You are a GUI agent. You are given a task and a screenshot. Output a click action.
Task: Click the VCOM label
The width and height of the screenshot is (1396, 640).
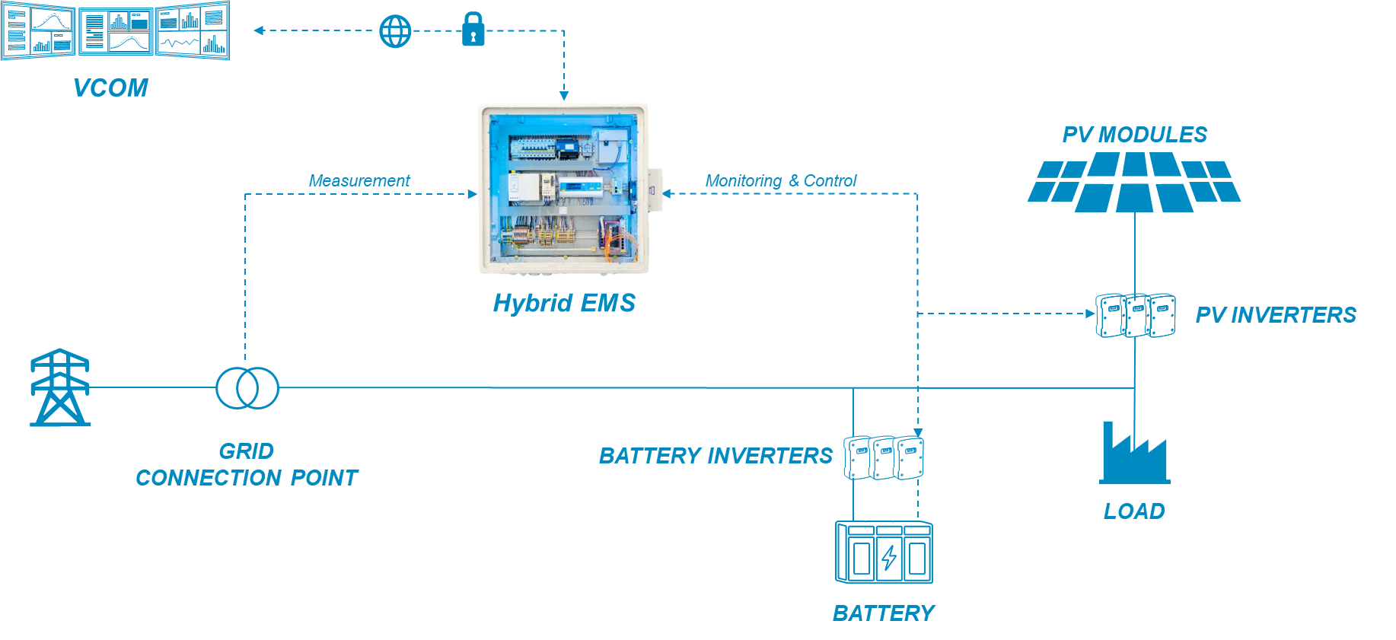pyautogui.click(x=110, y=88)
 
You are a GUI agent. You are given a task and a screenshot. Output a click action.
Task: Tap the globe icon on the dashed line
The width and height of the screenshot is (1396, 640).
pyautogui.click(x=395, y=31)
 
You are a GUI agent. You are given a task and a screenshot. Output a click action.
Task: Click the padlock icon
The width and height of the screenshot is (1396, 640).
pyautogui.click(x=473, y=30)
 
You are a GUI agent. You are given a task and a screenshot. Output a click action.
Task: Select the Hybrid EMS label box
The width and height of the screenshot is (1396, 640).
pyautogui.click(x=563, y=302)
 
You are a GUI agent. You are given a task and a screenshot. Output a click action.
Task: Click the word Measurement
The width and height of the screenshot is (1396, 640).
pyautogui.click(x=359, y=181)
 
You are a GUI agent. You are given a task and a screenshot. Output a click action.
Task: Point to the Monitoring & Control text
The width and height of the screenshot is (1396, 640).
pyautogui.click(x=780, y=181)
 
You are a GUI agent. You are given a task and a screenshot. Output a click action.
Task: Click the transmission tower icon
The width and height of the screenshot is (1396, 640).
pyautogui.click(x=60, y=387)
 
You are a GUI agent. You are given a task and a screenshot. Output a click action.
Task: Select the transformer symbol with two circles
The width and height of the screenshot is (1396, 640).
pyautogui.click(x=247, y=387)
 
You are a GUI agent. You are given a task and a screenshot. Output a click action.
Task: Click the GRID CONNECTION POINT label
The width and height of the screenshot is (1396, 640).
pyautogui.click(x=246, y=464)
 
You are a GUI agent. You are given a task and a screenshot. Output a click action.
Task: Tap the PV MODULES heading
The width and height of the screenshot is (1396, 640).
pyautogui.click(x=1134, y=135)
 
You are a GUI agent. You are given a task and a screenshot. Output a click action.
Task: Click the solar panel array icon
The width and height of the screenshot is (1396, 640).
pyautogui.click(x=1134, y=181)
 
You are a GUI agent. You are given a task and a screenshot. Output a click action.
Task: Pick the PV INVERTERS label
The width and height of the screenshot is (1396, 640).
pyautogui.click(x=1276, y=315)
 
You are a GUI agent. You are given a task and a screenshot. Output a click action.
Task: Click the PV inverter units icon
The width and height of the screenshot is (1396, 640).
pyautogui.click(x=1136, y=315)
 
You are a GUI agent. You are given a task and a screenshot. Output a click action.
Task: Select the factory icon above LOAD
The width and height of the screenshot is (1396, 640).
pyautogui.click(x=1134, y=454)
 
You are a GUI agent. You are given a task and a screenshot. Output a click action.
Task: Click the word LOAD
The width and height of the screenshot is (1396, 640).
pyautogui.click(x=1134, y=511)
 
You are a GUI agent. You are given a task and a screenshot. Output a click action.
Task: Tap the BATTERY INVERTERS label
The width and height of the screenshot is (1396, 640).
pyautogui.click(x=716, y=456)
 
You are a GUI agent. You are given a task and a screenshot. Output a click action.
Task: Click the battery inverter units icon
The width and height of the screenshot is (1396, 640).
pyautogui.click(x=884, y=457)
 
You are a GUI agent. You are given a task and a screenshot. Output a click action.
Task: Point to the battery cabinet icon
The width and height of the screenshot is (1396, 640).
pyautogui.click(x=884, y=552)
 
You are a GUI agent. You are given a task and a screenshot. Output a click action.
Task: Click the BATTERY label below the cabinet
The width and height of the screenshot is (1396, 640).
pyautogui.click(x=883, y=613)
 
